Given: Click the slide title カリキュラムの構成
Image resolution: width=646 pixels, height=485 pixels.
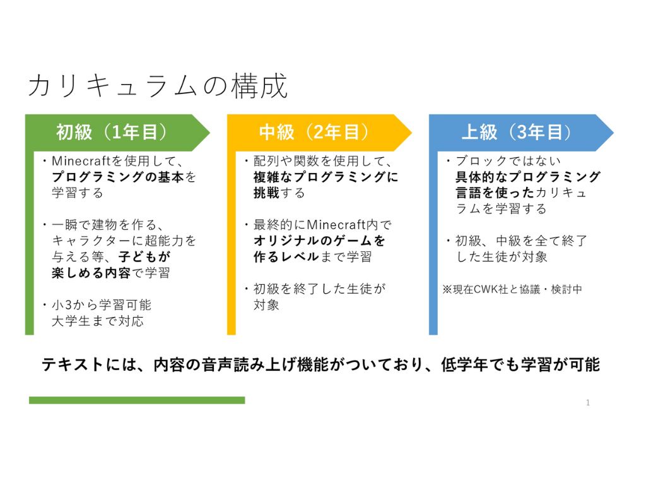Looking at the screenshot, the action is pos(158,86).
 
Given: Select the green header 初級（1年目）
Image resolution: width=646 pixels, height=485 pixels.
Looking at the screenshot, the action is pos(111,133).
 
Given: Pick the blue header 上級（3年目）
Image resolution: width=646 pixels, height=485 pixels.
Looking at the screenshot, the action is pos(516,133).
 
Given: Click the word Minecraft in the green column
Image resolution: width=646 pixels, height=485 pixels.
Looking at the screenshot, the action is pos(81,160).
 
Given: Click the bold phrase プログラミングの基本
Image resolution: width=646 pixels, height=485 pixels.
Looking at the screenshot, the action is pos(118,177).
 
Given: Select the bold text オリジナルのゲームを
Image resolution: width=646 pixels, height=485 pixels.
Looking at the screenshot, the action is pos(319,241).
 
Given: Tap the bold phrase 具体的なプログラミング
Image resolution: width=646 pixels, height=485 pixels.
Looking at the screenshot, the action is pos(528,177).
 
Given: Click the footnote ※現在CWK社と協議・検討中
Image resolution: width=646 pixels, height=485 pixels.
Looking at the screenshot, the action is pos(512,289).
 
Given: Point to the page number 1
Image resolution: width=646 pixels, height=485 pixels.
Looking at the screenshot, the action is pos(588,402).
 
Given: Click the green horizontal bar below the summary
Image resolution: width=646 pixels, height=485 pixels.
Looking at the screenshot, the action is pos(137,400).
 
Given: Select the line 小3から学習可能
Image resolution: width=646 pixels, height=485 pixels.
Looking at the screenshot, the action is pos(102,305).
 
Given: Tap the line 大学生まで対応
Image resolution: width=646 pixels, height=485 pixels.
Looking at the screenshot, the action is pos(98,321).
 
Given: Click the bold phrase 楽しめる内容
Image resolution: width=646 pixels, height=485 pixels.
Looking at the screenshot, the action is pos(91,273).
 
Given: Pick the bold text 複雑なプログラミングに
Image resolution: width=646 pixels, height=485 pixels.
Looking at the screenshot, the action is pos(326,177).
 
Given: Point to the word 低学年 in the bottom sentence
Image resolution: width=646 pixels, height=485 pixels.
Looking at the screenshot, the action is pos(464,364).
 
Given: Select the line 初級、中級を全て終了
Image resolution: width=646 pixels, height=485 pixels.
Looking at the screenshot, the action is pos(521,241).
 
